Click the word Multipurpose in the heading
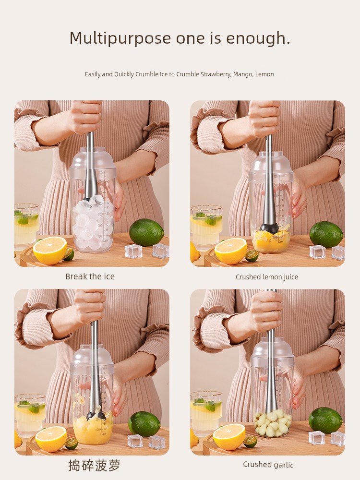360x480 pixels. [120, 39]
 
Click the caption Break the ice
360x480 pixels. [90, 276]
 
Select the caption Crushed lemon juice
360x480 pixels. [266, 277]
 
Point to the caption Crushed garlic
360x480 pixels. [268, 465]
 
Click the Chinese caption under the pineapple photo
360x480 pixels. [94, 465]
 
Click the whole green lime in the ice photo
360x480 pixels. [146, 232]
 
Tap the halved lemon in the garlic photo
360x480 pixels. [229, 437]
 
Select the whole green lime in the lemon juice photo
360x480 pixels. [326, 234]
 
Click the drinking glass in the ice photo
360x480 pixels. [26, 226]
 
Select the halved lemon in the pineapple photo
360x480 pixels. [51, 439]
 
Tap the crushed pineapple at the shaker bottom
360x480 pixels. [93, 429]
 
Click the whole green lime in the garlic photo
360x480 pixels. [325, 420]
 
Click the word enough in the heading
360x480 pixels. [257, 39]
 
